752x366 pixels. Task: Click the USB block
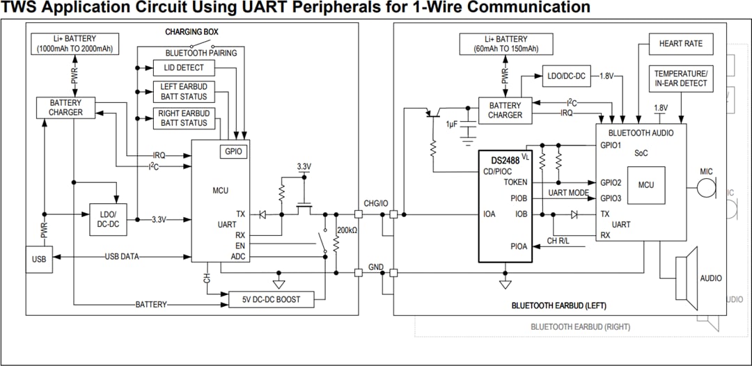pyautogui.click(x=38, y=260)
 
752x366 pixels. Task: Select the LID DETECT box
pyautogui.click(x=184, y=67)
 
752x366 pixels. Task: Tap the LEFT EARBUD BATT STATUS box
pyautogui.click(x=184, y=92)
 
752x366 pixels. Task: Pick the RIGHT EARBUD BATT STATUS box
pyautogui.click(x=184, y=118)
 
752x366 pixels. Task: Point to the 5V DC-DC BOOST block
pyautogui.click(x=272, y=299)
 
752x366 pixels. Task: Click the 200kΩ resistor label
pyautogui.click(x=346, y=230)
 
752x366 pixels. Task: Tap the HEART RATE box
pyautogui.click(x=680, y=43)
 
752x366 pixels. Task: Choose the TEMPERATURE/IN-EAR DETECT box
pyautogui.click(x=680, y=78)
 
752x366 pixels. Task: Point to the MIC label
pyautogui.click(x=706, y=171)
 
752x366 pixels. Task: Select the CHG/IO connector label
pyautogui.click(x=376, y=202)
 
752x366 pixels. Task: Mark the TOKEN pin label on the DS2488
pyautogui.click(x=515, y=182)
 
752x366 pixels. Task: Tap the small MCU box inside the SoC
pyautogui.click(x=645, y=185)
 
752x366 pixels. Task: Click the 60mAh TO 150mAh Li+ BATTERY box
pyautogui.click(x=505, y=44)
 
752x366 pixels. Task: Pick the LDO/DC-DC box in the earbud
pyautogui.click(x=567, y=75)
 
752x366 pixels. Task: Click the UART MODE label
pyautogui.click(x=568, y=193)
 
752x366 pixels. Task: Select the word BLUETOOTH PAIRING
pyautogui.click(x=201, y=53)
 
